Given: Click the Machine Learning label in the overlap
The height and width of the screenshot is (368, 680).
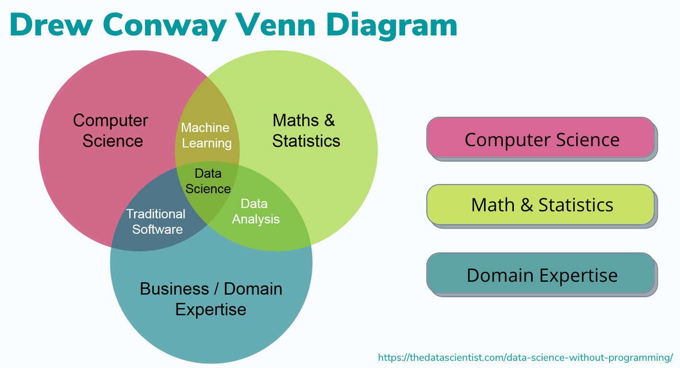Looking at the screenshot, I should (206, 136).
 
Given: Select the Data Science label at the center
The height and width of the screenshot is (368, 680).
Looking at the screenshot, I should (208, 181).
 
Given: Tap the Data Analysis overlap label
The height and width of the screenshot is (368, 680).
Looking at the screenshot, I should (255, 211).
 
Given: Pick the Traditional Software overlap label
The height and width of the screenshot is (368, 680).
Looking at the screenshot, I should (156, 221).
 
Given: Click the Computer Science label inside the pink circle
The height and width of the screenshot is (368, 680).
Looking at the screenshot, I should (111, 130).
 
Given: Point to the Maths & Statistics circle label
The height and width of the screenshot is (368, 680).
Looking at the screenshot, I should (306, 130).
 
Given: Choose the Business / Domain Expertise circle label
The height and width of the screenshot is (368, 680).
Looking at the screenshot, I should (211, 299).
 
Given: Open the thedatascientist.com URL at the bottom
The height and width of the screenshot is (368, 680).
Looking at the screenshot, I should (525, 357).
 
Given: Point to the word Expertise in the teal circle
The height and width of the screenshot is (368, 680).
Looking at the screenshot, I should (211, 309).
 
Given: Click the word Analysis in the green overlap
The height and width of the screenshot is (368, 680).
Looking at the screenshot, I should (256, 219).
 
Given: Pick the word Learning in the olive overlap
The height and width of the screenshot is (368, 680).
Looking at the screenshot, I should (207, 143).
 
